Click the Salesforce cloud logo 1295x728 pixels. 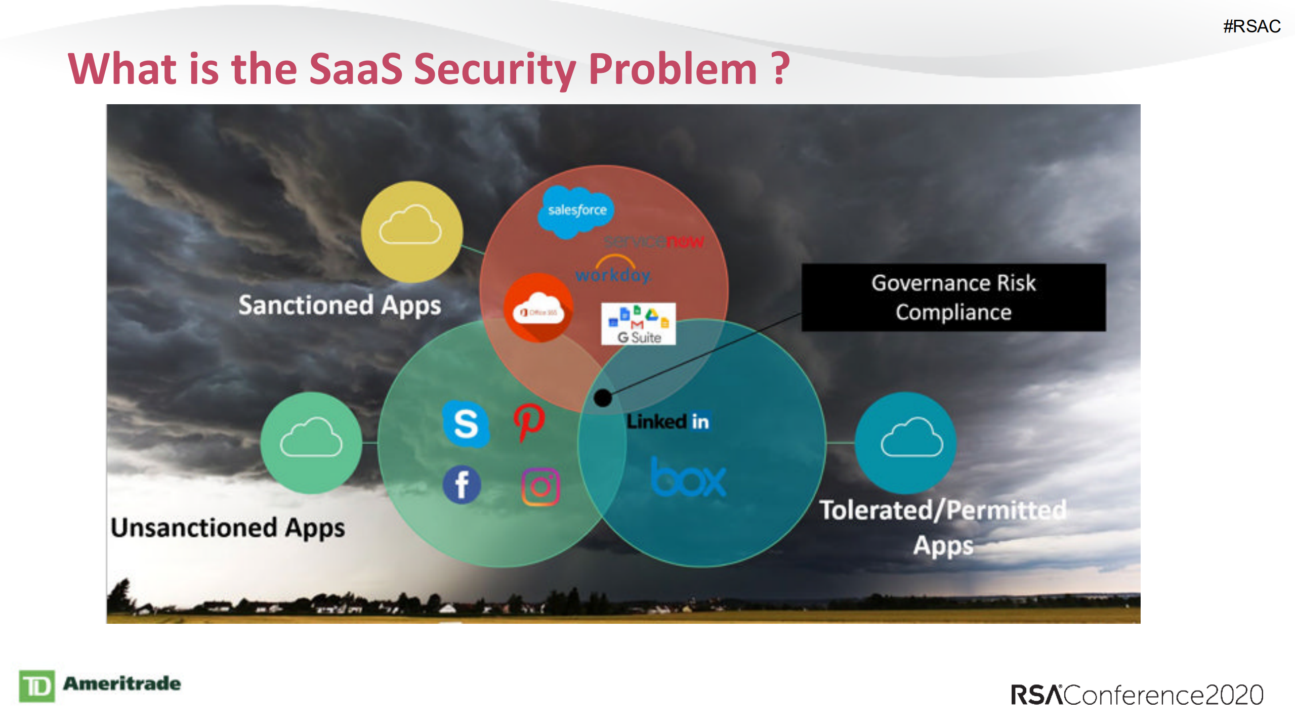[576, 210]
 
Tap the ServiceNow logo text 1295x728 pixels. [654, 242]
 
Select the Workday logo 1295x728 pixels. [613, 272]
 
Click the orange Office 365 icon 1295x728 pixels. [538, 308]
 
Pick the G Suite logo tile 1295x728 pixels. [638, 324]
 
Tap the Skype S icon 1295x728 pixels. [466, 424]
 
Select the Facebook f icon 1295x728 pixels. [462, 485]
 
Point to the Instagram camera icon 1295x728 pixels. [540, 487]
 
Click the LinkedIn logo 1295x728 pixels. [668, 421]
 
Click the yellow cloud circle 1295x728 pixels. [411, 232]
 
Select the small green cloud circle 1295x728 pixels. [311, 443]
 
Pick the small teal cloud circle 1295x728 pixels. [906, 443]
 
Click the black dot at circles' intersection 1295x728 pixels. [603, 398]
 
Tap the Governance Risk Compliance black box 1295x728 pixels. [953, 297]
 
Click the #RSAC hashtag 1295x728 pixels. [1251, 26]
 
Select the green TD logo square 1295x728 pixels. [37, 686]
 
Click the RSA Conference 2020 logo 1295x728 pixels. [1137, 695]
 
